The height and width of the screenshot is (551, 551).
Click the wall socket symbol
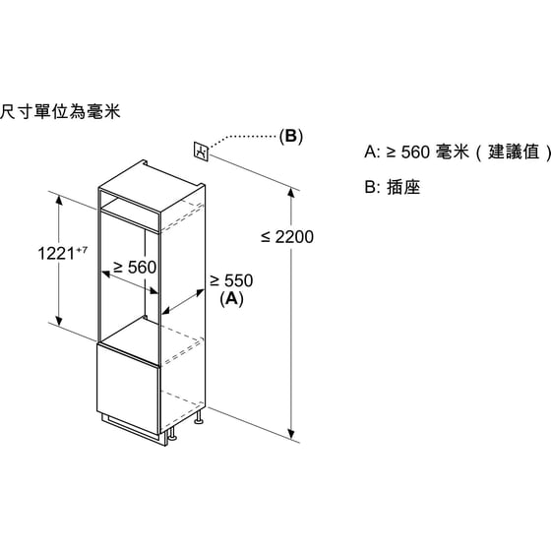(x=202, y=152)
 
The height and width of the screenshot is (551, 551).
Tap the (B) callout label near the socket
(x=290, y=136)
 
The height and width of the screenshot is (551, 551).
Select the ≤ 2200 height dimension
(x=287, y=237)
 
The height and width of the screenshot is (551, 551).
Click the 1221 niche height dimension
(x=56, y=254)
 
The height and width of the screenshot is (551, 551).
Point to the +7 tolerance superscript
(x=81, y=250)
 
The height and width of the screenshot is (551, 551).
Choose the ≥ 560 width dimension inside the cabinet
(x=135, y=267)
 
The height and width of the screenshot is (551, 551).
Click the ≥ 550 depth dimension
(x=231, y=280)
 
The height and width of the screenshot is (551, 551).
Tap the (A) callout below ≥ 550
(x=231, y=299)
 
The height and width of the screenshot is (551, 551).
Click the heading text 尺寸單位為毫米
(x=60, y=112)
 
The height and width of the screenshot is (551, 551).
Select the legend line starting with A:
(x=458, y=153)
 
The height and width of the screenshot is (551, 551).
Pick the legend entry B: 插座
(x=393, y=187)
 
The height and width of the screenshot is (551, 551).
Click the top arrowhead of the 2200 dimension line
(x=291, y=192)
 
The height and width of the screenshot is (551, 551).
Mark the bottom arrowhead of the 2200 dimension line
(x=291, y=435)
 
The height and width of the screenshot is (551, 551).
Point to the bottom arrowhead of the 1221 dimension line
(x=59, y=321)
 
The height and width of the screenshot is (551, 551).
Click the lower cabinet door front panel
(x=128, y=389)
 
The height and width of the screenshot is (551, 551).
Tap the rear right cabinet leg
(x=199, y=417)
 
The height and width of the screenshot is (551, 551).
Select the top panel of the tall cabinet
(x=152, y=185)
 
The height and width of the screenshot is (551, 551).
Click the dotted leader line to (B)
(x=241, y=138)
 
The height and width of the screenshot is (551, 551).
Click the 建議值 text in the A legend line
(x=514, y=153)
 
